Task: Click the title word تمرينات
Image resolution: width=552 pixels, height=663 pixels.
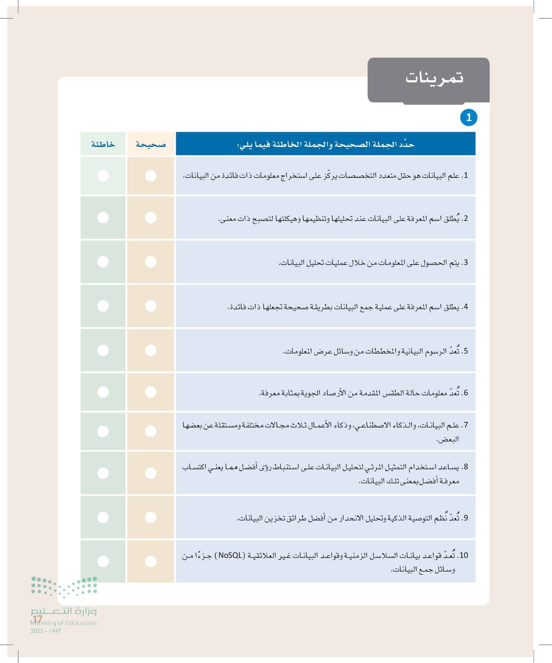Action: point(434,78)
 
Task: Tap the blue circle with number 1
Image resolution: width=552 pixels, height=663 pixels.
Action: point(468,117)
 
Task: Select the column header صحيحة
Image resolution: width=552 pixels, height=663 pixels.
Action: point(151,144)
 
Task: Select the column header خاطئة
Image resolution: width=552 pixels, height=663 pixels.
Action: point(103,144)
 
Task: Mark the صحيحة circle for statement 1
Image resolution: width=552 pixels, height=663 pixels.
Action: point(151,176)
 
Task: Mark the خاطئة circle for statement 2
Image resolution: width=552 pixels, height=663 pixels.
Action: point(103,217)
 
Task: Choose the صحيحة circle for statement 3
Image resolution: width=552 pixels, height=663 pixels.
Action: point(151,262)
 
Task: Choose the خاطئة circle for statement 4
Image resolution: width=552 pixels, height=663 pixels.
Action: point(103,306)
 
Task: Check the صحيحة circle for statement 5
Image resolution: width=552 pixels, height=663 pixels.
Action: point(151,350)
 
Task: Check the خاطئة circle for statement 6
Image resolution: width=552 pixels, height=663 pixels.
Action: point(103,392)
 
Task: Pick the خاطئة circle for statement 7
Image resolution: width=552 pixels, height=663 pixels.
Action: point(103,431)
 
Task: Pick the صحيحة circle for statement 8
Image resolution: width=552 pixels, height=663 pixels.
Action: point(151,473)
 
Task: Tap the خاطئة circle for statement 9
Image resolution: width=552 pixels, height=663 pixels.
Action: point(103,517)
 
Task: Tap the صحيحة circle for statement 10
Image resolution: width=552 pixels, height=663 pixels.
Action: point(151,561)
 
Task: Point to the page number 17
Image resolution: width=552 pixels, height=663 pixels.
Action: point(37,619)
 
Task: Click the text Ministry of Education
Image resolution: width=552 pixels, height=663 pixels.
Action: point(63,623)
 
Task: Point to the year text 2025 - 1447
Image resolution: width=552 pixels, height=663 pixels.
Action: point(46,631)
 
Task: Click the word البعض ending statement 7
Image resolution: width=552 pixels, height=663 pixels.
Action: point(448,439)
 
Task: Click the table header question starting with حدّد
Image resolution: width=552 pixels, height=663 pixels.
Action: point(325,144)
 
